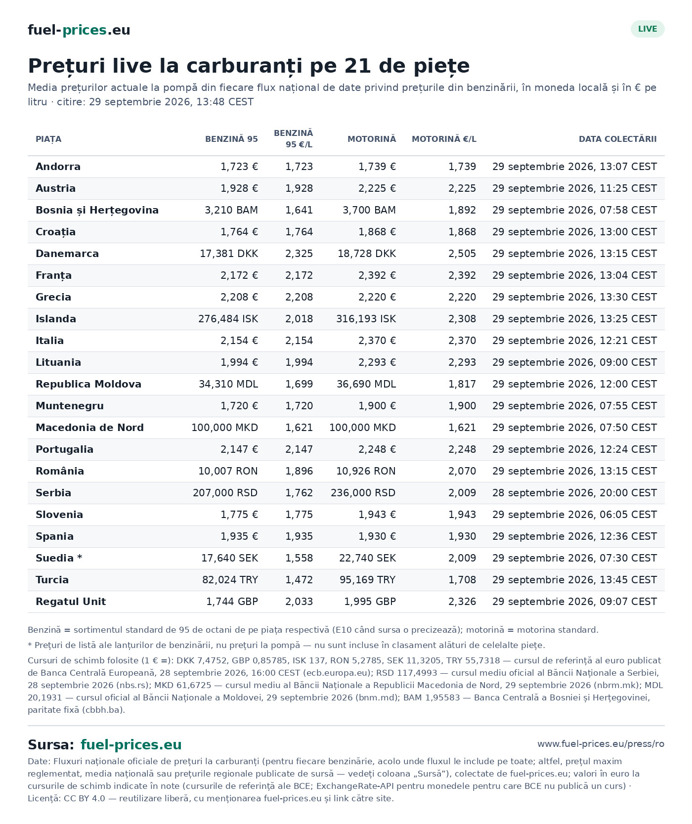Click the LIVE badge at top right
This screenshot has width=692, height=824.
[x=648, y=29]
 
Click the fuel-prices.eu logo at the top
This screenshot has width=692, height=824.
[x=79, y=30]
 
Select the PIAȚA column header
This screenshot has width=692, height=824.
[x=48, y=139]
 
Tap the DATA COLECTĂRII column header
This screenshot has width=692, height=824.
[x=618, y=139]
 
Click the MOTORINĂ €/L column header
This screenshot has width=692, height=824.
[x=444, y=139]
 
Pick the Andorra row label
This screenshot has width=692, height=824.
[x=58, y=167]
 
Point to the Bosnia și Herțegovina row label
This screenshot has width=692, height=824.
[x=97, y=210]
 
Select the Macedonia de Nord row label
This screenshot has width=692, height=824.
[x=89, y=428]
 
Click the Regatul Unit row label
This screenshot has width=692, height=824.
[x=71, y=602]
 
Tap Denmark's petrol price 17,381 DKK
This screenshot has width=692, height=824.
[x=229, y=254]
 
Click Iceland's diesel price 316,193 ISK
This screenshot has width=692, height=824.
[x=366, y=319]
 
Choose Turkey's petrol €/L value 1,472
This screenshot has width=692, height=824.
[x=299, y=580]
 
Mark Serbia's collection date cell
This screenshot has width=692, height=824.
[x=574, y=493]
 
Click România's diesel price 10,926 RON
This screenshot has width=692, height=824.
[x=366, y=471]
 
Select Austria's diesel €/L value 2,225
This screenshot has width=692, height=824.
[x=462, y=188]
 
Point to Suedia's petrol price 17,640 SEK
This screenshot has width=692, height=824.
[x=229, y=558]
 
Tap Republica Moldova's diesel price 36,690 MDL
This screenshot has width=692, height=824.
[x=366, y=384]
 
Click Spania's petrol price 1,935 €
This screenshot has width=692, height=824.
[x=239, y=536]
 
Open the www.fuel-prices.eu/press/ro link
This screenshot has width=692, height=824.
[x=601, y=744]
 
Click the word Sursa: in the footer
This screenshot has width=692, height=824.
[x=51, y=745]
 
